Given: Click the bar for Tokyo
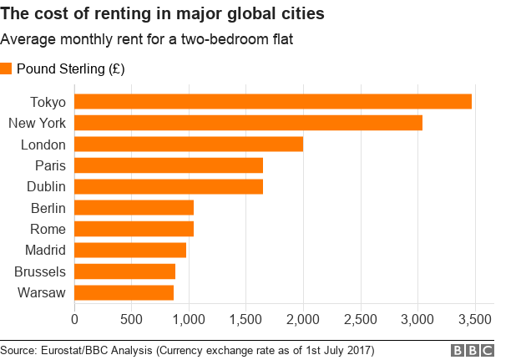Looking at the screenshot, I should point(273,102).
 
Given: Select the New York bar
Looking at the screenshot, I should point(248,123).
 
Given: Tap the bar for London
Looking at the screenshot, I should point(189,144).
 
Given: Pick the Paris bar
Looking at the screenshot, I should point(169,165).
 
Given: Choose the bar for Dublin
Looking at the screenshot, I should point(169,186).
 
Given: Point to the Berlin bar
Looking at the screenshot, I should point(134,207).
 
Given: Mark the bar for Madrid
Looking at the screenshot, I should point(130,250).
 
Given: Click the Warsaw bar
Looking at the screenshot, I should point(124,292).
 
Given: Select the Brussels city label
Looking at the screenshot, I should point(40,271).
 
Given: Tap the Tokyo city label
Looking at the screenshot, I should point(48,102).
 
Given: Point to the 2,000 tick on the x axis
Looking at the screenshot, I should point(303,318).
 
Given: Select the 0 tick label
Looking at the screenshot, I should point(75,318).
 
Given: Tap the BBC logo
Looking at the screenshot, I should point(473,349).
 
